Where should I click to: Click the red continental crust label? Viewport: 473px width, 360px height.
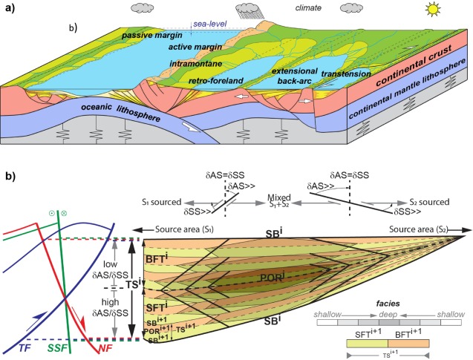[411, 76]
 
